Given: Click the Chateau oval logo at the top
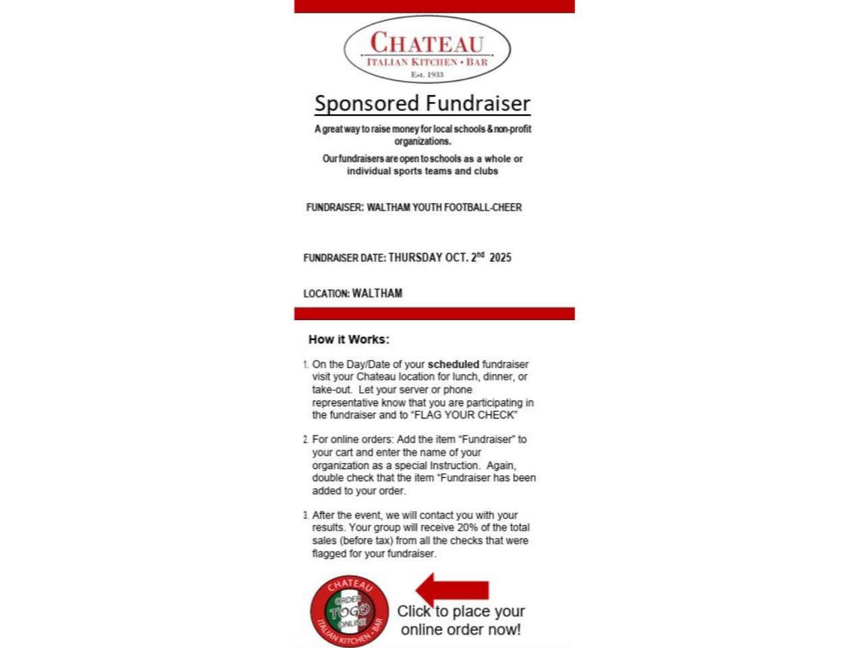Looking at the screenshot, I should click(427, 49).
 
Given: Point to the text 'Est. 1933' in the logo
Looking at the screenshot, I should click(427, 75).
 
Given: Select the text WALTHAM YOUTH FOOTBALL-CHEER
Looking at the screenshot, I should click(444, 207).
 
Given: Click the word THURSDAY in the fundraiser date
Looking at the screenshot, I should click(415, 257).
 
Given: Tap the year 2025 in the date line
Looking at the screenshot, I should click(500, 257).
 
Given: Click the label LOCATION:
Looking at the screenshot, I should click(327, 294).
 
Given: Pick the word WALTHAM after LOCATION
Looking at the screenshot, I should click(377, 294).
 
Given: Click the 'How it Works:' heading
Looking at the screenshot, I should click(349, 340).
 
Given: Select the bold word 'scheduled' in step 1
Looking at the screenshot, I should click(454, 364).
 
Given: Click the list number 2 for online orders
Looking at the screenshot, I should click(306, 439).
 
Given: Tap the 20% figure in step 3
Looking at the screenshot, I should click(468, 528).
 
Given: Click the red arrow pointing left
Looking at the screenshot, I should click(452, 589).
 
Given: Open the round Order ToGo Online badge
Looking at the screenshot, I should click(350, 612).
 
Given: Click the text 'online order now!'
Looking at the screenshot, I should click(461, 630).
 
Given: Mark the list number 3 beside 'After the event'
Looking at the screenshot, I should click(306, 516).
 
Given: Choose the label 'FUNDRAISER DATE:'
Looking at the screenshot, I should click(344, 258).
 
